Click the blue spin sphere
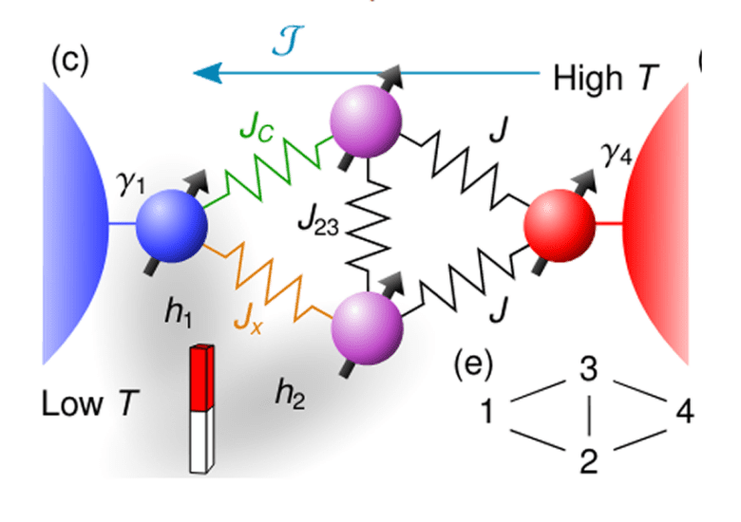coord(172,226)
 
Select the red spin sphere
coord(560,225)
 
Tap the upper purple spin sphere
coord(366,121)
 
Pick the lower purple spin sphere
coord(368,328)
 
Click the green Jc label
coord(256,127)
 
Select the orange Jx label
coord(249,320)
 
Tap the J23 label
coord(318,221)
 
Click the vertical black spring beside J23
coord(369,224)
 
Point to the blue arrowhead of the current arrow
coord(208,73)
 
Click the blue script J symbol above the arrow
coord(288,42)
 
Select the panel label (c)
coord(70,60)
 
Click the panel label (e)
coord(473,364)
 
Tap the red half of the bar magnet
coord(201,378)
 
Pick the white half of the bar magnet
coord(201,441)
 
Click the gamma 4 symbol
coord(617,155)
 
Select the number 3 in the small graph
coord(589,368)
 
